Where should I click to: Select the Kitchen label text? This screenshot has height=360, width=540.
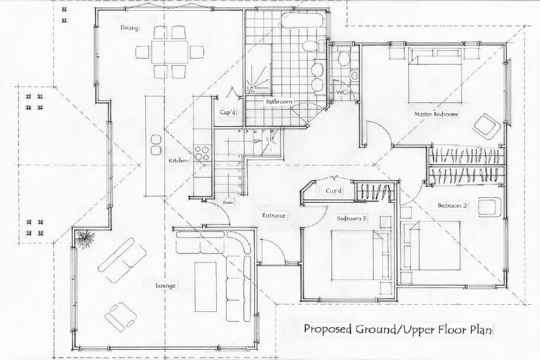(x=178, y=161)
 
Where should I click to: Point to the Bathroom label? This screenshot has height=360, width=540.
(x=278, y=102)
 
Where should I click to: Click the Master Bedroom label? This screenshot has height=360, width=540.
(x=436, y=113)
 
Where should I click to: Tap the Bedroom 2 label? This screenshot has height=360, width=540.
(x=452, y=205)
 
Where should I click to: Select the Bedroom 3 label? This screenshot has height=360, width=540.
(x=352, y=219)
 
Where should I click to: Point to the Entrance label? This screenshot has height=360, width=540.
(x=273, y=216)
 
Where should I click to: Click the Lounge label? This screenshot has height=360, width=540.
(x=166, y=285)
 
